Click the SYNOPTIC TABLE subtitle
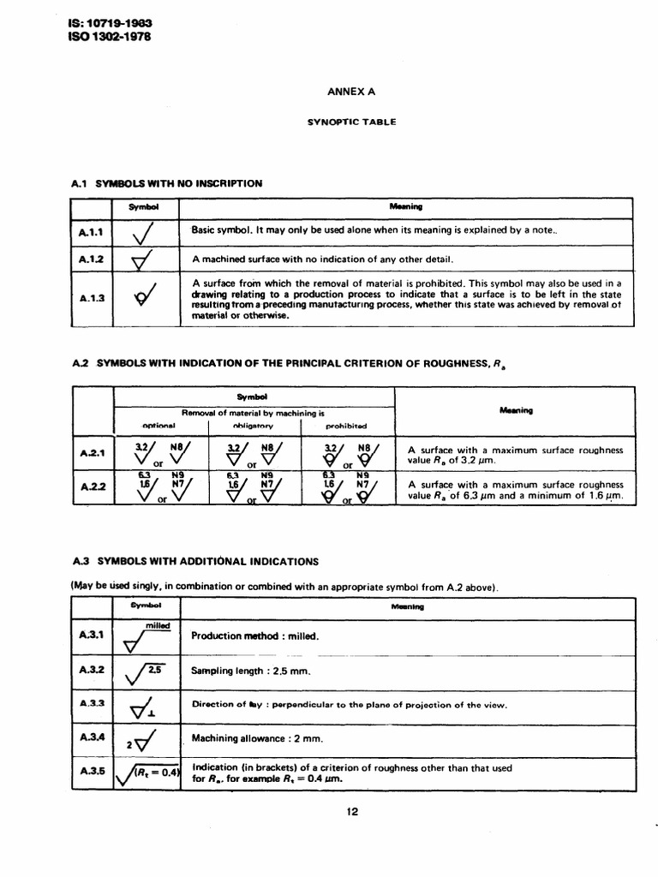pyautogui.click(x=351, y=122)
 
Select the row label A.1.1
pyautogui.click(x=91, y=232)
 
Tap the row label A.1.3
pyautogui.click(x=91, y=299)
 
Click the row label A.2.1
pyautogui.click(x=92, y=454)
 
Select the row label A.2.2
pyautogui.click(x=92, y=488)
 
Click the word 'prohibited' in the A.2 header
pyautogui.click(x=346, y=426)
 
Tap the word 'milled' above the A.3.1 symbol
pyautogui.click(x=158, y=625)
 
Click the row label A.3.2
pyautogui.click(x=92, y=670)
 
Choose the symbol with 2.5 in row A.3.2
pyautogui.click(x=147, y=672)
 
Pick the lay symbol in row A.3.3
pyautogui.click(x=145, y=707)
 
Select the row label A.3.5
pyautogui.click(x=92, y=771)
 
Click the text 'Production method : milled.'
pyautogui.click(x=255, y=636)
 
